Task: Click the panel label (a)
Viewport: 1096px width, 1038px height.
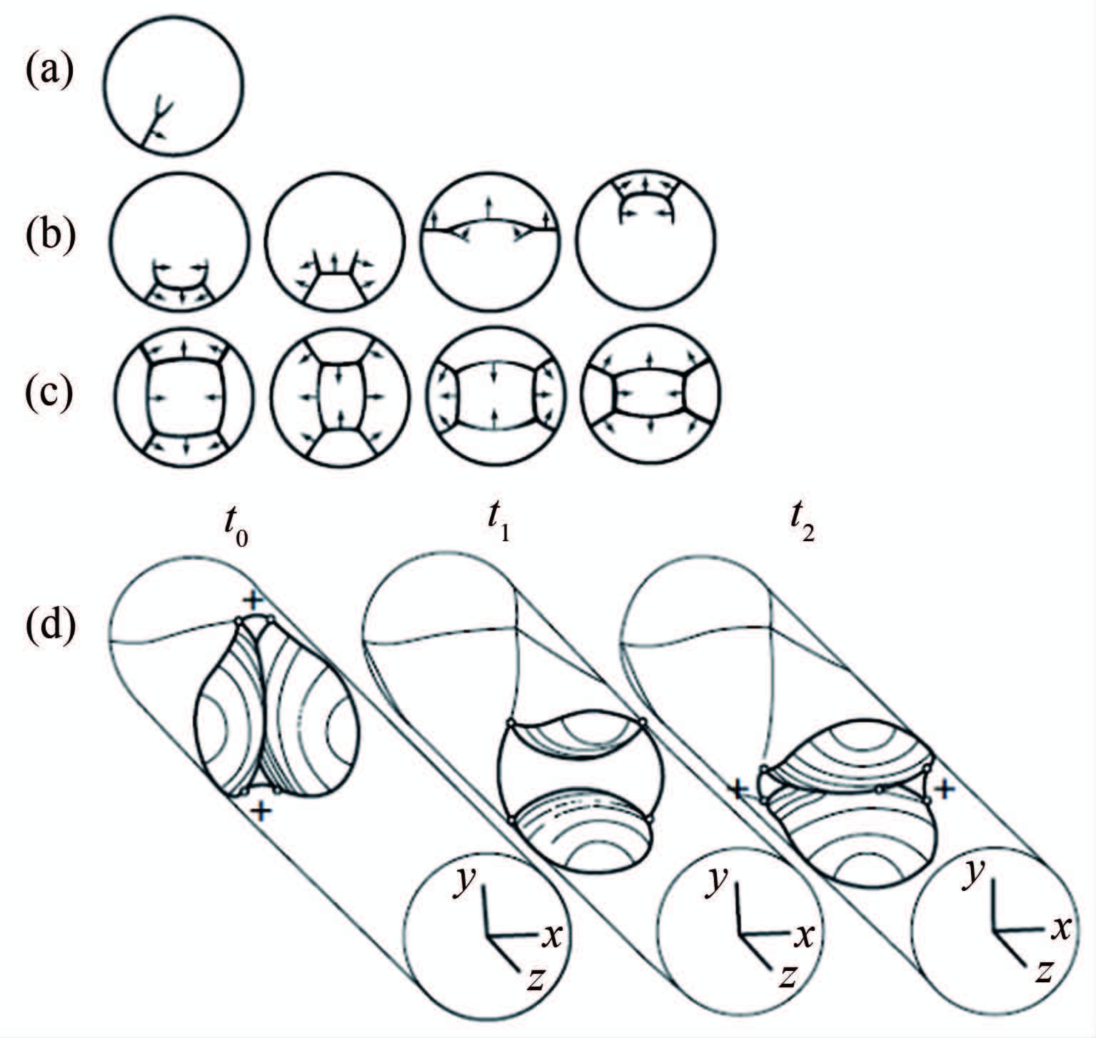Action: click(x=49, y=72)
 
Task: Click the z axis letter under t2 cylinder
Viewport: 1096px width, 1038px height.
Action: click(x=1045, y=971)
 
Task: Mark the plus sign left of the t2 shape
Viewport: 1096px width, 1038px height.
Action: click(x=738, y=789)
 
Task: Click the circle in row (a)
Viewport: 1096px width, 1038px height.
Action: click(x=174, y=86)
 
